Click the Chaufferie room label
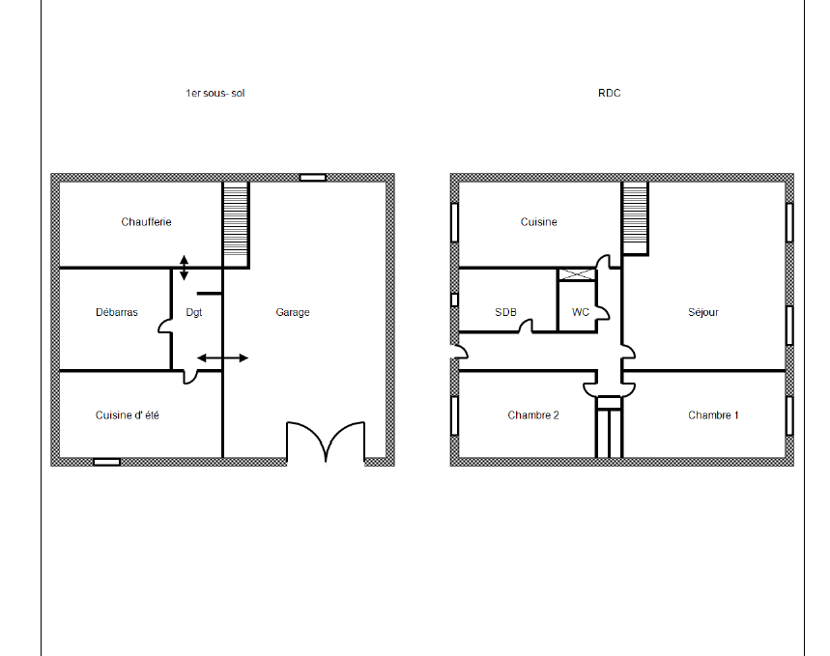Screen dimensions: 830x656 coord(146,222)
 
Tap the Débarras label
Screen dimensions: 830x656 coord(117,312)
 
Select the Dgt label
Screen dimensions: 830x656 coord(194,312)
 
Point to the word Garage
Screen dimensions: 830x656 coord(293,312)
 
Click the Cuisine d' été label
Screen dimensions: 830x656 coord(127,415)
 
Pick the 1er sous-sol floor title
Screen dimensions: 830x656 coord(215,93)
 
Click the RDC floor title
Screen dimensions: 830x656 coord(610,93)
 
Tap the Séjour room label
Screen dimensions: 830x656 coord(703,312)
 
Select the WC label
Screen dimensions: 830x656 coord(581,312)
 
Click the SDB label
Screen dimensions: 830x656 coord(505,312)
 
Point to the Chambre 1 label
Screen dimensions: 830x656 coord(713,415)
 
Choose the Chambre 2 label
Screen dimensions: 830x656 coord(533,415)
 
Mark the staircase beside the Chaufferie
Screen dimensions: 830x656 coord(236,225)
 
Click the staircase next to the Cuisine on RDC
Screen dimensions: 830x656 coord(635,218)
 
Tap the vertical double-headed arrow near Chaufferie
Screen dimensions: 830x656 coord(184,268)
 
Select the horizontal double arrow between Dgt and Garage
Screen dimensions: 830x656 coord(223,357)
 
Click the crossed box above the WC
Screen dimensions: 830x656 coord(577,274)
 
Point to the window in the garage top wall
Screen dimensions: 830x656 coord(313,178)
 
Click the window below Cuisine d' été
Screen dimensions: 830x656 coord(106,462)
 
